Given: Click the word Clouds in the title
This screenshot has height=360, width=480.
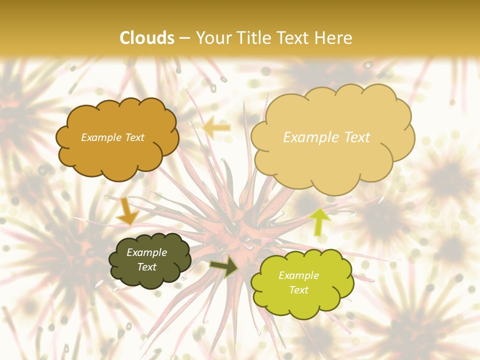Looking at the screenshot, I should pyautogui.click(x=147, y=38).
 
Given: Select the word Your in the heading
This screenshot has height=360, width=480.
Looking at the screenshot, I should pyautogui.click(x=212, y=38).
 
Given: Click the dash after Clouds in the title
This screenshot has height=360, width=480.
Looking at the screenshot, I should pyautogui.click(x=185, y=38).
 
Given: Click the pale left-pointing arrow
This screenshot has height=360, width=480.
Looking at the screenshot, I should pyautogui.click(x=216, y=127).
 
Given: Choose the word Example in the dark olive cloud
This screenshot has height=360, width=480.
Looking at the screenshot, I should pyautogui.click(x=146, y=253).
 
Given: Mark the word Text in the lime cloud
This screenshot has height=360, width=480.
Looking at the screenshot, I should pyautogui.click(x=298, y=290).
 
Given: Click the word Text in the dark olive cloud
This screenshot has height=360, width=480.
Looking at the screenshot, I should pyautogui.click(x=146, y=267).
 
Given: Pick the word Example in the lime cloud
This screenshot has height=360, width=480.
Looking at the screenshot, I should pyautogui.click(x=298, y=275).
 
